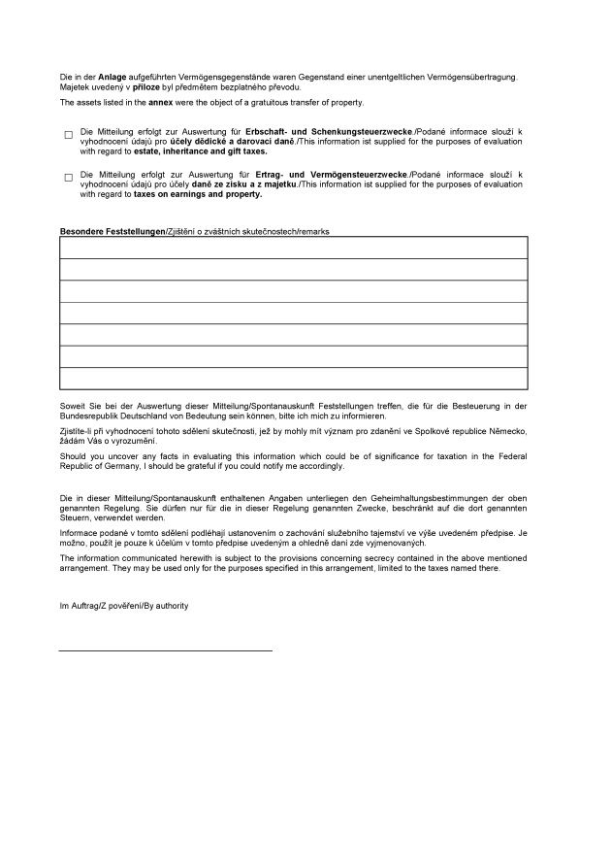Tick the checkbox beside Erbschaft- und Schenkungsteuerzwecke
point(69,134)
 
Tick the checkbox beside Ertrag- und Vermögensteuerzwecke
point(69,177)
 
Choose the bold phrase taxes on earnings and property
point(198,194)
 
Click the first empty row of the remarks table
point(294,248)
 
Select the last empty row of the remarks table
point(294,379)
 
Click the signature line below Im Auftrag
point(166,649)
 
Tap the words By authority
point(167,606)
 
